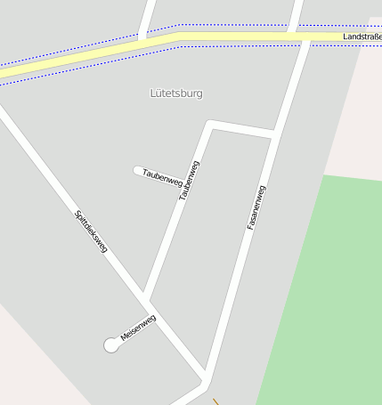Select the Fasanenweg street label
[256, 208]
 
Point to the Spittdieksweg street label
[91, 231]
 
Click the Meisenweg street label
[138, 328]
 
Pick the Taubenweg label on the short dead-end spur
[162, 178]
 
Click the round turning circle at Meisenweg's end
[111, 345]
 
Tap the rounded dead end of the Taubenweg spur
[137, 170]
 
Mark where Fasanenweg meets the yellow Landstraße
[293, 36]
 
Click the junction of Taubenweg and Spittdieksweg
[144, 296]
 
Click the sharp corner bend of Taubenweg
[210, 124]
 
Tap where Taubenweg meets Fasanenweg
[272, 135]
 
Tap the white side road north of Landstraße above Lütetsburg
[147, 16]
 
